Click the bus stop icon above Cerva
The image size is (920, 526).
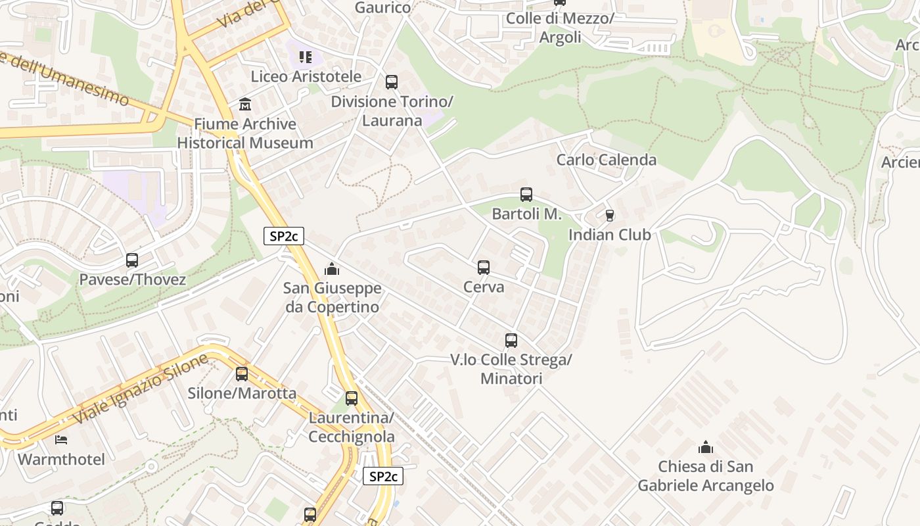click(x=484, y=268)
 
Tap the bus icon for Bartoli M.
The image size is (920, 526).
click(x=526, y=195)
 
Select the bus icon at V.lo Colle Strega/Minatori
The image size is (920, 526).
click(x=511, y=341)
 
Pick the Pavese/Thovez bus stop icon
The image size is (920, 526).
click(x=132, y=260)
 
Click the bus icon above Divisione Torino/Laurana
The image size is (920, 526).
click(x=392, y=82)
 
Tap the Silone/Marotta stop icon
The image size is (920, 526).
click(x=242, y=374)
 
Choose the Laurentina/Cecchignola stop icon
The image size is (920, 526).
click(x=352, y=398)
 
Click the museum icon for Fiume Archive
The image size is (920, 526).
click(x=245, y=105)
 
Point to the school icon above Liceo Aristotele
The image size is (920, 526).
click(x=305, y=57)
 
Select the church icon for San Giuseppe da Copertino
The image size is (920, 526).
click(x=332, y=269)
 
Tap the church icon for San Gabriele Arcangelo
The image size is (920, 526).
click(x=706, y=448)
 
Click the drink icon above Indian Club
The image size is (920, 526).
click(x=609, y=215)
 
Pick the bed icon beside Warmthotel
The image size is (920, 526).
click(x=61, y=439)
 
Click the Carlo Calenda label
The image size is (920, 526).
click(x=606, y=160)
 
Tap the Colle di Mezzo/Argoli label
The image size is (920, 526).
click(x=560, y=28)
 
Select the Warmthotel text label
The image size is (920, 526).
click(x=61, y=459)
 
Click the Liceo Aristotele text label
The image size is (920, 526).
click(x=306, y=77)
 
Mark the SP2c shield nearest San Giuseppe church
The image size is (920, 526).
click(x=284, y=236)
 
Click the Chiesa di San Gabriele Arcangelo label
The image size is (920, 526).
click(x=706, y=476)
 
